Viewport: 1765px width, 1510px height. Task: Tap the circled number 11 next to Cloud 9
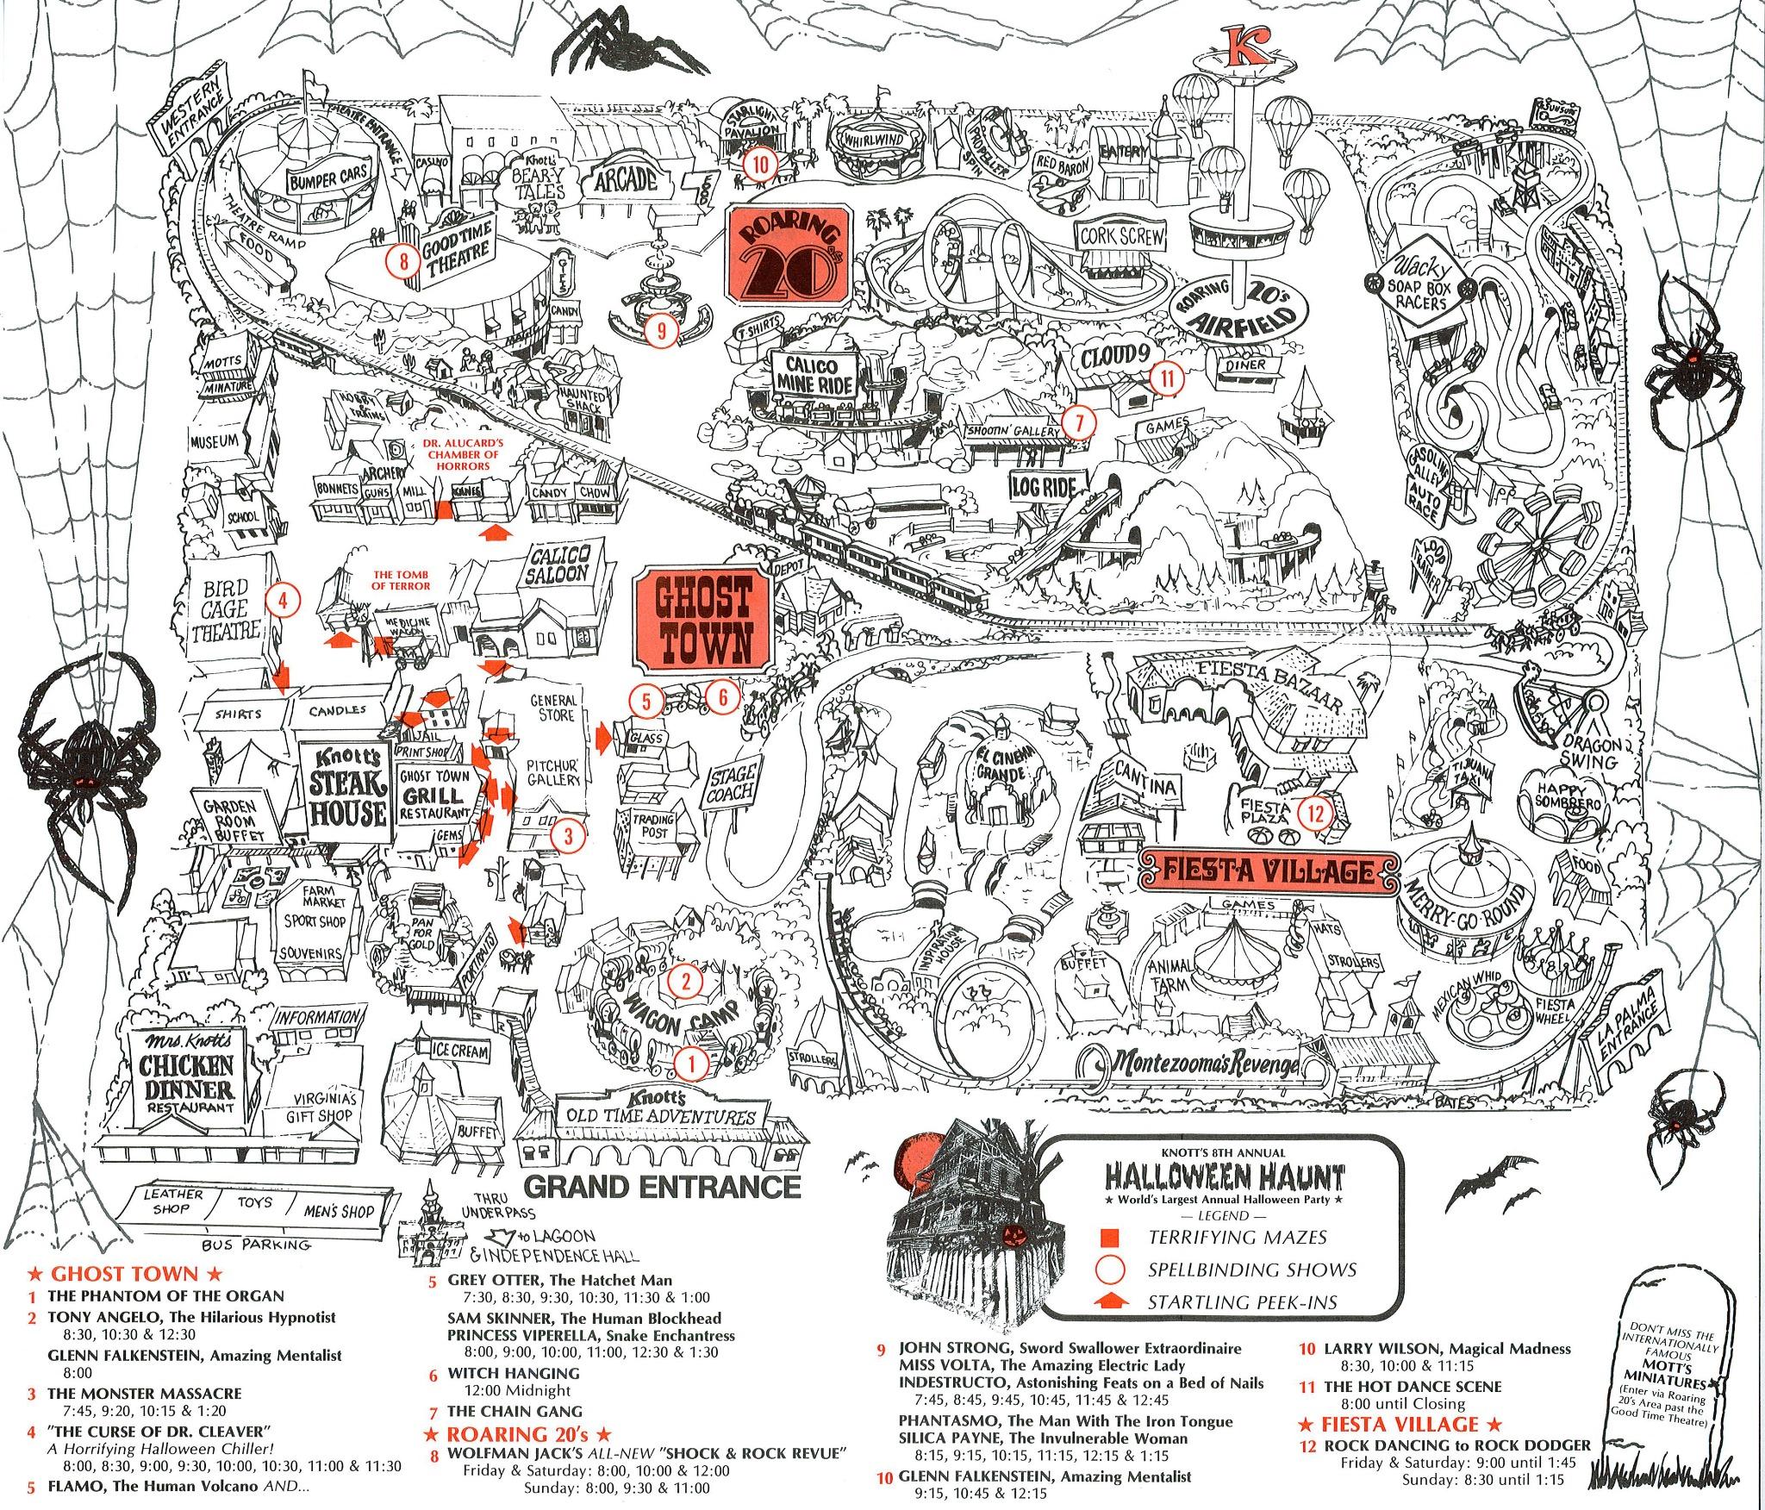[1167, 377]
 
